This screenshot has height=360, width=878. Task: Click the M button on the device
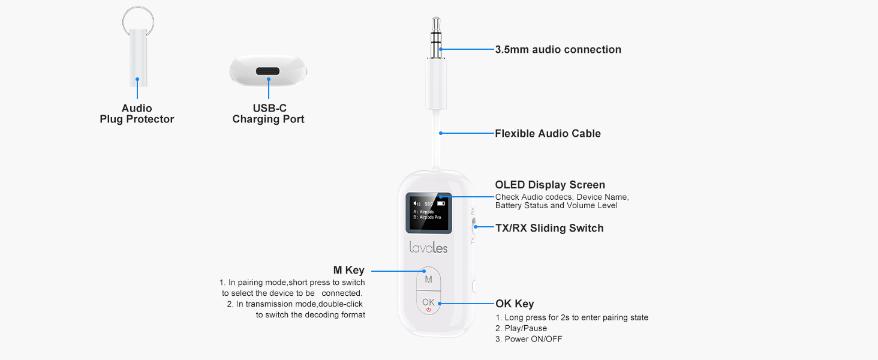click(428, 280)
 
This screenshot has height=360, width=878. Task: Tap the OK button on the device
click(428, 302)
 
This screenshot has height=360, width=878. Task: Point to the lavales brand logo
click(428, 247)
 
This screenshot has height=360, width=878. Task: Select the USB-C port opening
click(268, 71)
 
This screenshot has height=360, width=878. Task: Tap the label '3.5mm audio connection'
click(558, 50)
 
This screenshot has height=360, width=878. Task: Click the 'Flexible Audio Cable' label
click(548, 134)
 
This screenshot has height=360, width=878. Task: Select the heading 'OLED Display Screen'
click(550, 185)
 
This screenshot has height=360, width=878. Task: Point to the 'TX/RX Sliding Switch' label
click(549, 228)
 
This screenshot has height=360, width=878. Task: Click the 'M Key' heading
click(348, 271)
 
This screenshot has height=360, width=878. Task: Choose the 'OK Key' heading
click(514, 304)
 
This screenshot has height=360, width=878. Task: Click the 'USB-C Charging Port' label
click(268, 114)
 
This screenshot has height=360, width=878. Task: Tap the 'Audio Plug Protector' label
click(137, 114)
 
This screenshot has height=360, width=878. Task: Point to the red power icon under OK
click(428, 310)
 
